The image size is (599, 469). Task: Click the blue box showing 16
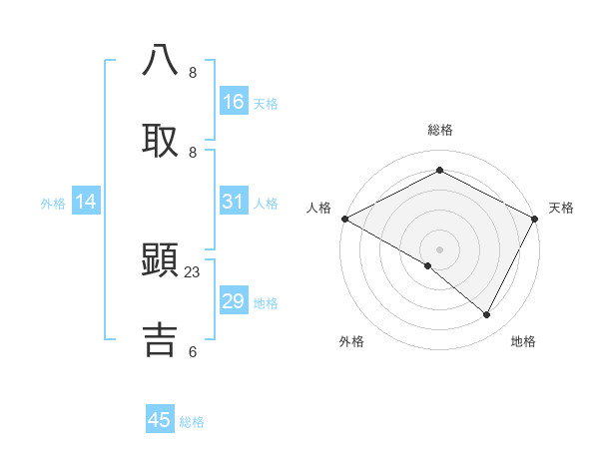pyautogui.click(x=234, y=102)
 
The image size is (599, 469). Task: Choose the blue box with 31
pyautogui.click(x=234, y=202)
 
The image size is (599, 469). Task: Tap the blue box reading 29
pyautogui.click(x=234, y=301)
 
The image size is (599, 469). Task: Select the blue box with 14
pyautogui.click(x=86, y=203)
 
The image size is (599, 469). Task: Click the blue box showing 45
pyautogui.click(x=160, y=420)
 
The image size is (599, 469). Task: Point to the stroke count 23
pyautogui.click(x=193, y=271)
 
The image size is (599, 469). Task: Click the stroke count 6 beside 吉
pyautogui.click(x=193, y=351)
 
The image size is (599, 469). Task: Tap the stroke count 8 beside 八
pyautogui.click(x=193, y=73)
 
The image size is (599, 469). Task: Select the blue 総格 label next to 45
pyautogui.click(x=192, y=422)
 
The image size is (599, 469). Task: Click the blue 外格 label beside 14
pyautogui.click(x=53, y=204)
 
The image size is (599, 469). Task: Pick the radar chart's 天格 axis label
pyautogui.click(x=562, y=208)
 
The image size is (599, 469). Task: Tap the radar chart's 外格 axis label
pyautogui.click(x=351, y=341)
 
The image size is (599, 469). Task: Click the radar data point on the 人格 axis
pyautogui.click(x=344, y=219)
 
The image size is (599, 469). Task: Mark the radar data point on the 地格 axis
pyautogui.click(x=487, y=315)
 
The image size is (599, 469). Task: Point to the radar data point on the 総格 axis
pyautogui.click(x=439, y=171)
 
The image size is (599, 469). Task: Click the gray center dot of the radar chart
pyautogui.click(x=439, y=248)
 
